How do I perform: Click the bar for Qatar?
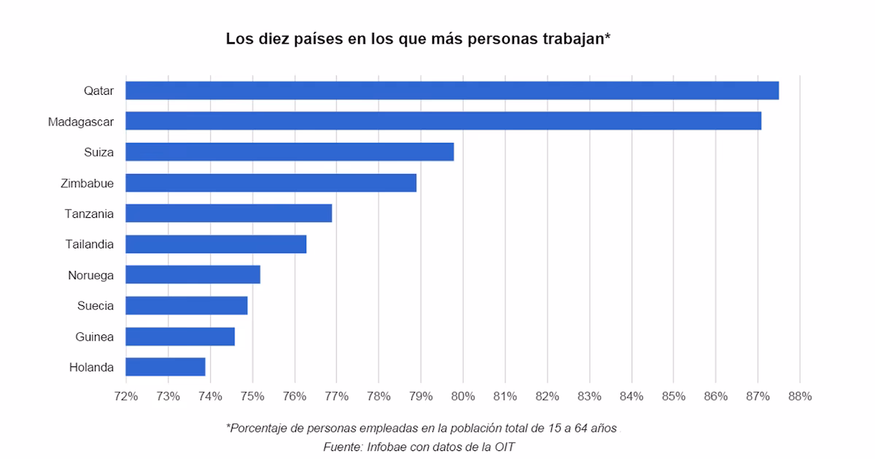(452, 90)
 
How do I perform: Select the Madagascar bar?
(443, 121)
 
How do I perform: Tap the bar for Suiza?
(289, 152)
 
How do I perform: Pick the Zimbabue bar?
(271, 183)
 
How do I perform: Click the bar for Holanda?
(166, 366)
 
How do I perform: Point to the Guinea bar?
(180, 336)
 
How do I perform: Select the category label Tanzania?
(89, 213)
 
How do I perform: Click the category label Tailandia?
(89, 244)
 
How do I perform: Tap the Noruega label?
(90, 275)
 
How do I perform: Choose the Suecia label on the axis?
(96, 305)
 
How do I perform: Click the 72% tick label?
(126, 396)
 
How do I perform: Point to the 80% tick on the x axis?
(463, 396)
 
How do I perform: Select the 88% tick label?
(800, 396)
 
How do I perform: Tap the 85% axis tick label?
(674, 396)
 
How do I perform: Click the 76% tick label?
(295, 396)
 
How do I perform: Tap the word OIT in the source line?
(503, 447)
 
